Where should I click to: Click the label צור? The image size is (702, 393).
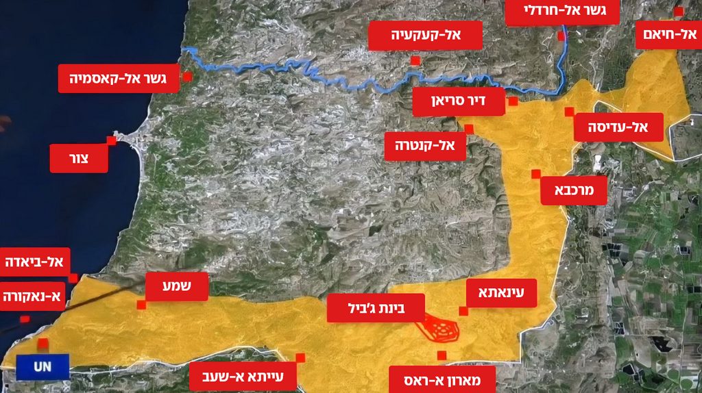pos(79,158)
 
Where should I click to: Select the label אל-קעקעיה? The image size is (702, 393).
pos(425,35)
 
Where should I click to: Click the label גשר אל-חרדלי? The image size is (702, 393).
pos(562,11)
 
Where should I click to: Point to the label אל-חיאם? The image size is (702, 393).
pos(668,34)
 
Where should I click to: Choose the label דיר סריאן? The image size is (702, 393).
pos(459,102)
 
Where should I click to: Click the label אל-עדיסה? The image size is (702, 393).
pos(618,127)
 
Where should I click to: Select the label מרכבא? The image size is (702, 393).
pos(573,190)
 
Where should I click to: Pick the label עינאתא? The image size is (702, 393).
pos(500,292)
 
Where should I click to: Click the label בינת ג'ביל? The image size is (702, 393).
pos(376,308)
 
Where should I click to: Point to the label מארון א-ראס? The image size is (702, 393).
pos(442,379)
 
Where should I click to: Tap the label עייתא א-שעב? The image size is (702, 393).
pos(243,376)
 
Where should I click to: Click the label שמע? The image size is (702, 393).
pos(177,287)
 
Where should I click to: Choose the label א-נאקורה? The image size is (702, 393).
pos(32,296)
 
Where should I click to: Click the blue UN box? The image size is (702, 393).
pos(43,367)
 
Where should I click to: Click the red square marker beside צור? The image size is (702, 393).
pos(111,140)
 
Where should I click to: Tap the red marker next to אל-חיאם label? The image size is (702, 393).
pos(678,12)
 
